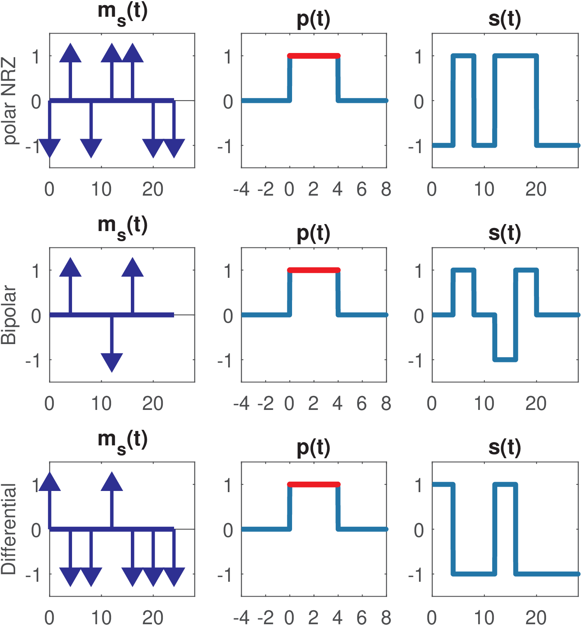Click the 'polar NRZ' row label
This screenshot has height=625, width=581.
[9, 101]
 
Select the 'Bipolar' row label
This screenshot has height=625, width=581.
[9, 315]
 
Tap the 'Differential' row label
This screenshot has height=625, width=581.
[9, 529]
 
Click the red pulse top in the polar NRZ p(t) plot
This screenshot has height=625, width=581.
[313, 56]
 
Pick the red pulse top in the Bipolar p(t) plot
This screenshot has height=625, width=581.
[313, 270]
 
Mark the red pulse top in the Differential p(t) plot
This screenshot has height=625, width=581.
[313, 484]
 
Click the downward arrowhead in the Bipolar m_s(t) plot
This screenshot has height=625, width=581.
[112, 362]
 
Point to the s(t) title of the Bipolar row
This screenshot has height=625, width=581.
[505, 233]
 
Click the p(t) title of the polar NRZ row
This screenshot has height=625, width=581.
[313, 19]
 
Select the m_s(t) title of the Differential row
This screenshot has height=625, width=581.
[122, 440]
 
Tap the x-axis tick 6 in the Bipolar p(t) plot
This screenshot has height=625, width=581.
[362, 404]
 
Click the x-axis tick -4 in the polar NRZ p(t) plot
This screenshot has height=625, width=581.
[241, 189]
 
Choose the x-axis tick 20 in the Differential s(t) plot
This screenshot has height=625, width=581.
[536, 618]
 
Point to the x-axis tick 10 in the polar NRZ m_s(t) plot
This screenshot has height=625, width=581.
[101, 189]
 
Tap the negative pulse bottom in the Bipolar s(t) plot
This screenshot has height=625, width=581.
[505, 359]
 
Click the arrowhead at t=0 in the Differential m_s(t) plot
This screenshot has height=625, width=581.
[50, 482]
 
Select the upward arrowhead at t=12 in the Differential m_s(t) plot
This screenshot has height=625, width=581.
[112, 482]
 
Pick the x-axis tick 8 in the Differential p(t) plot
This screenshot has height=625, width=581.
[386, 618]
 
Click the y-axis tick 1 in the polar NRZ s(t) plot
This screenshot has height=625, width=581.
[419, 57]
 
